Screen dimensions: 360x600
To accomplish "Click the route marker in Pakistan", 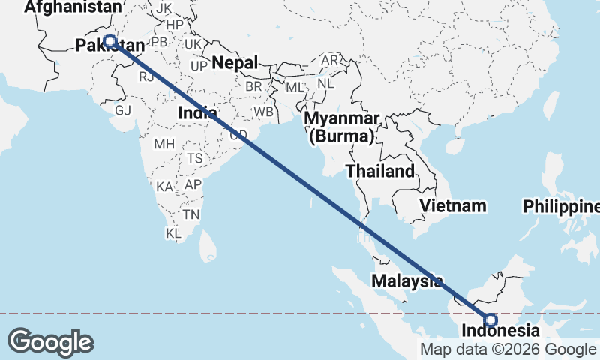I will pos(110,41).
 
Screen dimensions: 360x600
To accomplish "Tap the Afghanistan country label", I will pos(72,7).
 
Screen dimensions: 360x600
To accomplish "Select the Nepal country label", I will pos(235,63).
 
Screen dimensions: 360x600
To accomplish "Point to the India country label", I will pos(198,112).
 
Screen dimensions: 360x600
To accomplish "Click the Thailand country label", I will pos(380,171).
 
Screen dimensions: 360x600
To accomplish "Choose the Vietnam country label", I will pos(453,205).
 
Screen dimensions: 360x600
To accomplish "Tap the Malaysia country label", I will pos(407,280).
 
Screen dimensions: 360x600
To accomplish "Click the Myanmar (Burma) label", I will pos(343,127).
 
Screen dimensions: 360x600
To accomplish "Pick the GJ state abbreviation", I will pos(123,110).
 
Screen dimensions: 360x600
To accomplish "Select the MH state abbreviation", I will pos(164,143).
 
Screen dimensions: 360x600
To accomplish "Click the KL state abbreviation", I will pos(174,234).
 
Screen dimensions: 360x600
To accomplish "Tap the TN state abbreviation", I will pos(191,214).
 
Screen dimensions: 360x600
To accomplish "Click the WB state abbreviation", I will pos(263,112).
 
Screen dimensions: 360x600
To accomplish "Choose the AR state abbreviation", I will pos(329,60).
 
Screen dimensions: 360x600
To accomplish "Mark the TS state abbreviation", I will pos(195,158).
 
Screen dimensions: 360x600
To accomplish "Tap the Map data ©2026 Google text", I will pos(507,349).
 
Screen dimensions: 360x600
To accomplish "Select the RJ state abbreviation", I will pos(145,76).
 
